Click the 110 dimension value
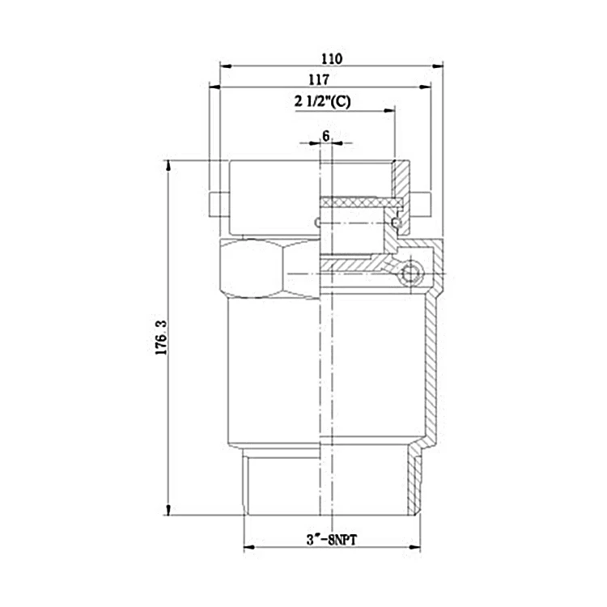pyautogui.click(x=332, y=59)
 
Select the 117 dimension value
pyautogui.click(x=319, y=80)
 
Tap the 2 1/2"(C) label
pyautogui.click(x=322, y=102)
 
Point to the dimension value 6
pyautogui.click(x=326, y=136)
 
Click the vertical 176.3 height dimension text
pyautogui.click(x=161, y=337)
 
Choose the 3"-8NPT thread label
pyautogui.click(x=332, y=539)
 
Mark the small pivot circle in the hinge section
pyautogui.click(x=410, y=274)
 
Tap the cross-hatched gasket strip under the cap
pyautogui.click(x=360, y=202)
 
